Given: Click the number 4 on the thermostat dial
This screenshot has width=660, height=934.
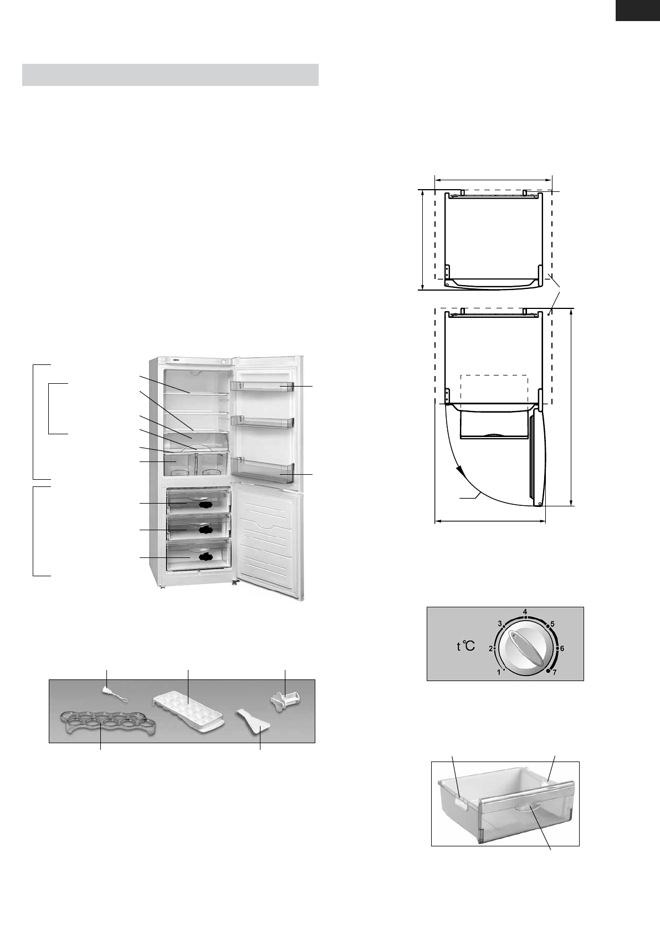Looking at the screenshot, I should (525, 612).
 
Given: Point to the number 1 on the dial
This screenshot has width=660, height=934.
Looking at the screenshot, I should (499, 672).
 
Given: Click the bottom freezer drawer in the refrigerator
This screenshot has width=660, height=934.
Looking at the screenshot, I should (198, 555).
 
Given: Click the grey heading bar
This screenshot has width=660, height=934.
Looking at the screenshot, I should (170, 75).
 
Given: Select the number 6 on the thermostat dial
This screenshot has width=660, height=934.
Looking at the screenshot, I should (562, 648).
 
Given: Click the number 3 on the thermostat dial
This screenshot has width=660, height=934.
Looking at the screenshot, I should (499, 623).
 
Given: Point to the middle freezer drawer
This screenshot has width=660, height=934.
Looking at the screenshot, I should (198, 529).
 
